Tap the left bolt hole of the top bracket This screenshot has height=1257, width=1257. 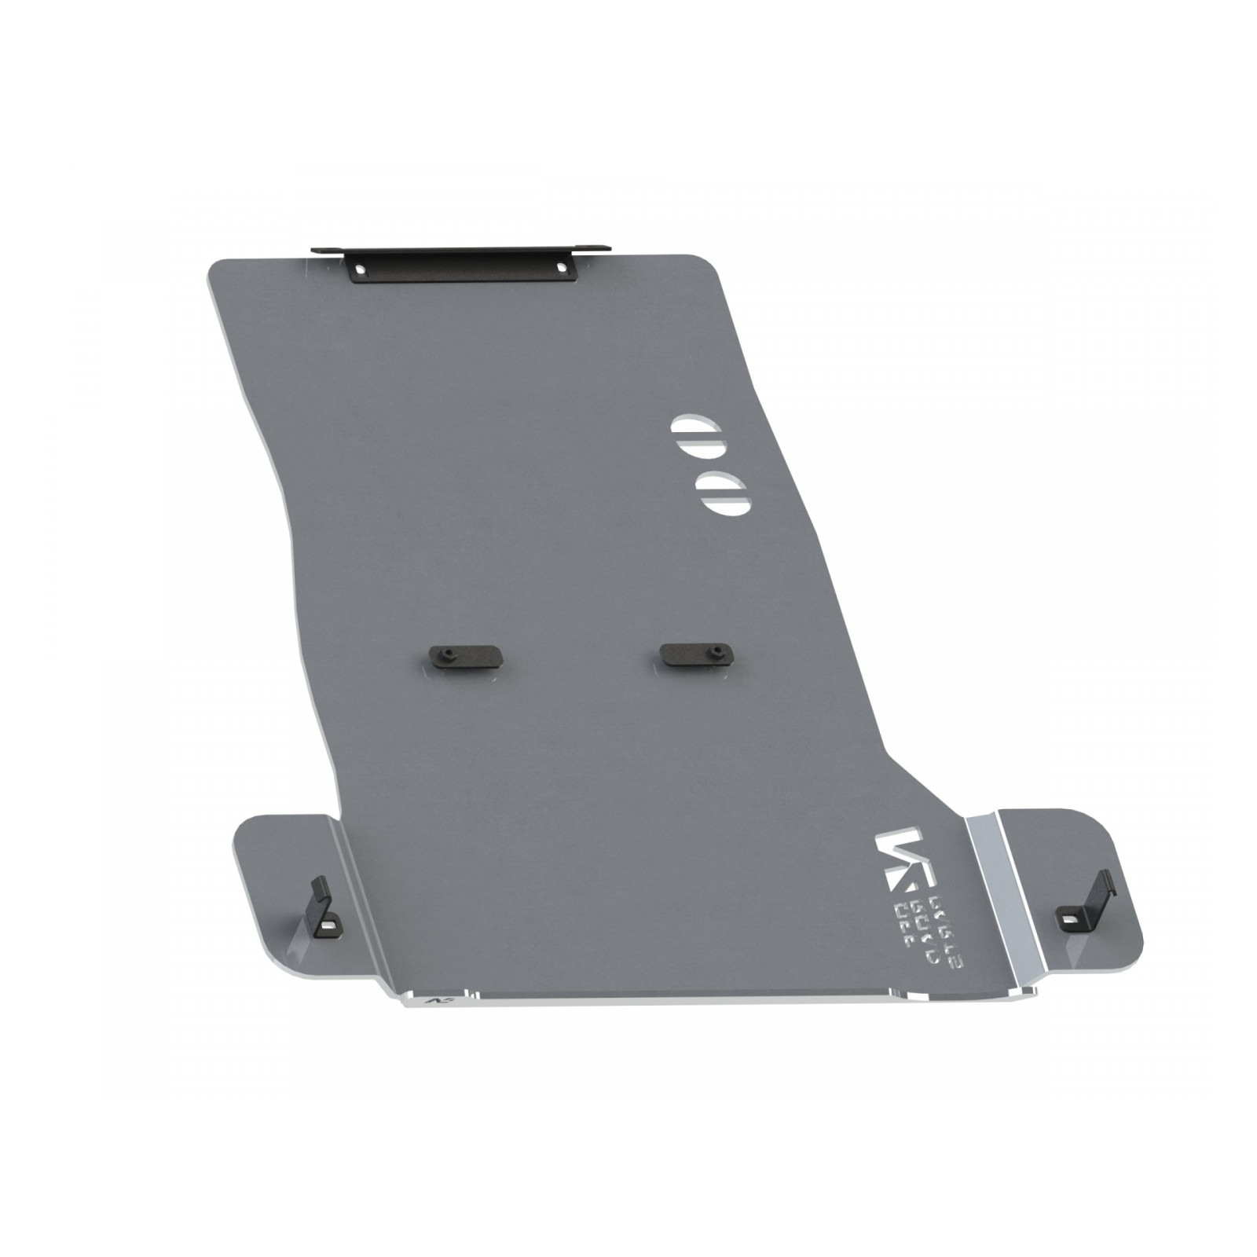[360, 269]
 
